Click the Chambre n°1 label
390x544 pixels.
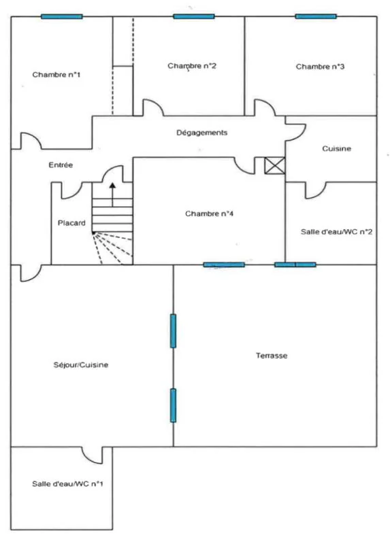56,75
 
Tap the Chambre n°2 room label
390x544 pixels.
192,66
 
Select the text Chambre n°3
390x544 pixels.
320,67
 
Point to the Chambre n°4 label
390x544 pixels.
209,214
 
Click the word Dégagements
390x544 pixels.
201,133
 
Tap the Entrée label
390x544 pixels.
61,165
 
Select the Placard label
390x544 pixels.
71,223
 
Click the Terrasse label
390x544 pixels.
272,356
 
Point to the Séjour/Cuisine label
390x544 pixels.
80,365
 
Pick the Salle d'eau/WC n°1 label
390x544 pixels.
67,484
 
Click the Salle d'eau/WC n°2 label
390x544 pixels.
336,232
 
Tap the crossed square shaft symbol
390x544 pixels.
275,165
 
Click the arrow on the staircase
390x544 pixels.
112,194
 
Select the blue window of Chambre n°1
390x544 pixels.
62,16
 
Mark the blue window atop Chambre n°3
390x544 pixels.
316,16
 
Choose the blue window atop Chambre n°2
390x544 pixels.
194,16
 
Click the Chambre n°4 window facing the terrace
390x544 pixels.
224,265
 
